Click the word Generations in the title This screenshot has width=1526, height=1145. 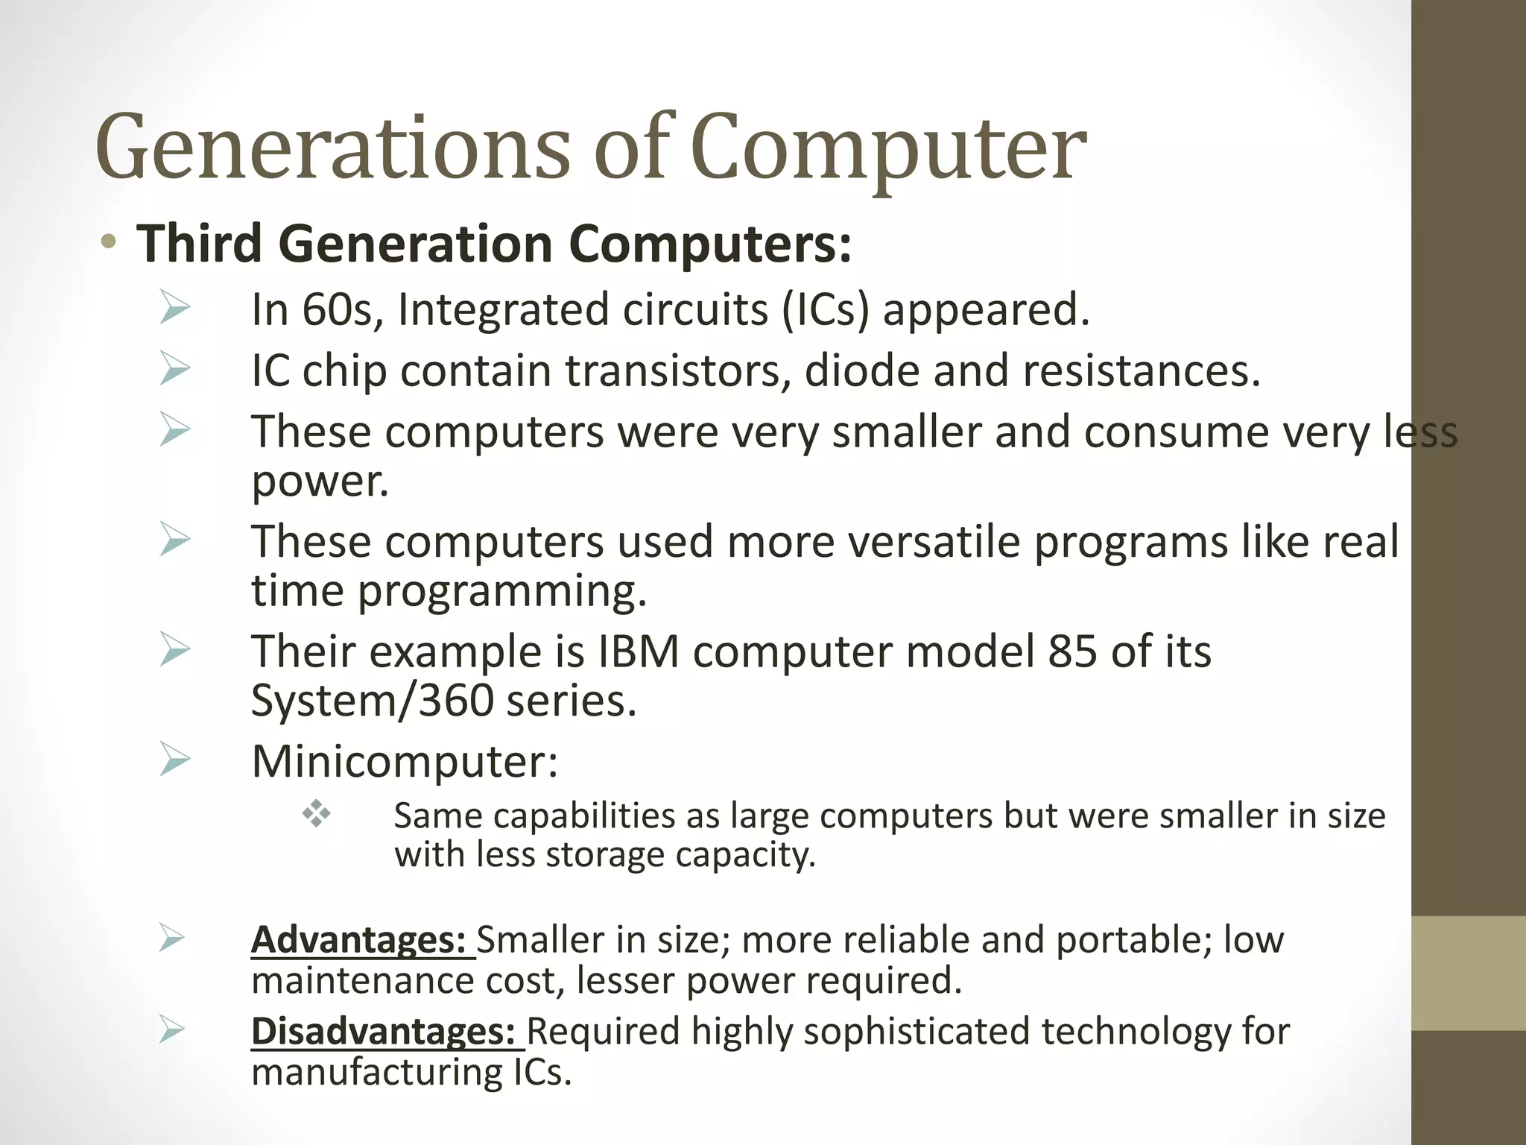click(x=332, y=148)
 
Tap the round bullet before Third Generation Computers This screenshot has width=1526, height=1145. click(x=109, y=242)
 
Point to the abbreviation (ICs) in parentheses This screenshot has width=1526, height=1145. click(x=826, y=309)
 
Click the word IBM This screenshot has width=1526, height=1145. click(x=639, y=651)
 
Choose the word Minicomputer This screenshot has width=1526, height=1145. click(x=403, y=761)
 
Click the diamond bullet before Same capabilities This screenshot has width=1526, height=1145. click(x=316, y=813)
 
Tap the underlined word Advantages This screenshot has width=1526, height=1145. click(x=358, y=939)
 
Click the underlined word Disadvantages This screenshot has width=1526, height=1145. click(x=383, y=1032)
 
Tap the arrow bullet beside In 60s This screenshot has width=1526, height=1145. click(x=174, y=309)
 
